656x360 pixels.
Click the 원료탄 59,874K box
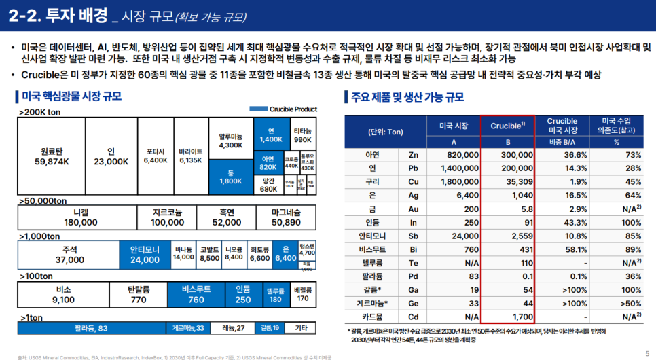56,156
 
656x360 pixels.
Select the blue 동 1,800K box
231,177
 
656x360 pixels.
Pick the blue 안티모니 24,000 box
145,255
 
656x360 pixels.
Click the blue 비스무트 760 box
196,294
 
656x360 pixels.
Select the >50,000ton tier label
43,202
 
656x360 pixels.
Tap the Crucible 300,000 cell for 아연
507,154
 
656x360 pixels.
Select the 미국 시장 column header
454,126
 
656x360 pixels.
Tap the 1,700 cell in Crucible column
508,315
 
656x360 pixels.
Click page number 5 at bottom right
646,353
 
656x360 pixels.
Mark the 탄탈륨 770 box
138,294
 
